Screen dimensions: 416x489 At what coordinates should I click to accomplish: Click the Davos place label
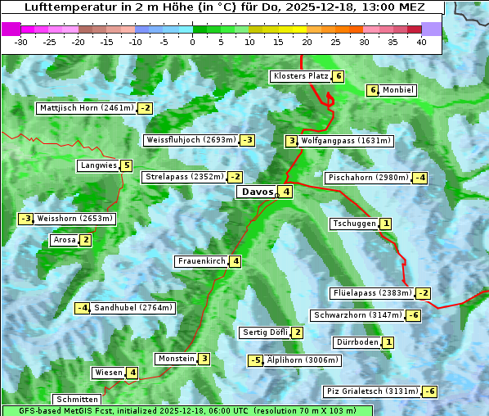[x=256, y=192]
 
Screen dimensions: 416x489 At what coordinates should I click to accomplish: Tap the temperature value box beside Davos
[x=286, y=192]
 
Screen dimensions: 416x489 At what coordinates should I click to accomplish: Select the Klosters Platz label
[x=301, y=76]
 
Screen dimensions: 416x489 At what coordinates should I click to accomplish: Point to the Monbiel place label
[x=398, y=90]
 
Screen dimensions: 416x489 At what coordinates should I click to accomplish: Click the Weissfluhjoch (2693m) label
[x=191, y=140]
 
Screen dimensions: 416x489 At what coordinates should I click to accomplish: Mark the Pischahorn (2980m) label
[x=367, y=178]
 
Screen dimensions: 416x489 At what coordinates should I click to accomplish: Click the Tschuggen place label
[x=354, y=224]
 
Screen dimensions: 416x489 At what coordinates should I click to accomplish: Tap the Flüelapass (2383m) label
[x=371, y=293]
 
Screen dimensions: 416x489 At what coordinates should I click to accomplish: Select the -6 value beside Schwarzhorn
[x=415, y=315]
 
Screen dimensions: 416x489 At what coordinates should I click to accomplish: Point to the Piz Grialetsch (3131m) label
[x=372, y=391]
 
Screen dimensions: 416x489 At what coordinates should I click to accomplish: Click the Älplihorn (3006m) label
[x=302, y=360]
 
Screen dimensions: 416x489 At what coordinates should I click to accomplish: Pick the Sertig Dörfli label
[x=265, y=332]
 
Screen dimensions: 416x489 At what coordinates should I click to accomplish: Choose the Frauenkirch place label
[x=201, y=261]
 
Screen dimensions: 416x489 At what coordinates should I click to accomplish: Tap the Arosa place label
[x=64, y=240]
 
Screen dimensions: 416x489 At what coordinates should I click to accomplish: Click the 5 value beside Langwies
[x=126, y=165]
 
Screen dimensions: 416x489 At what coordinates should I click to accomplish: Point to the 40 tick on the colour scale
[x=421, y=42]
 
